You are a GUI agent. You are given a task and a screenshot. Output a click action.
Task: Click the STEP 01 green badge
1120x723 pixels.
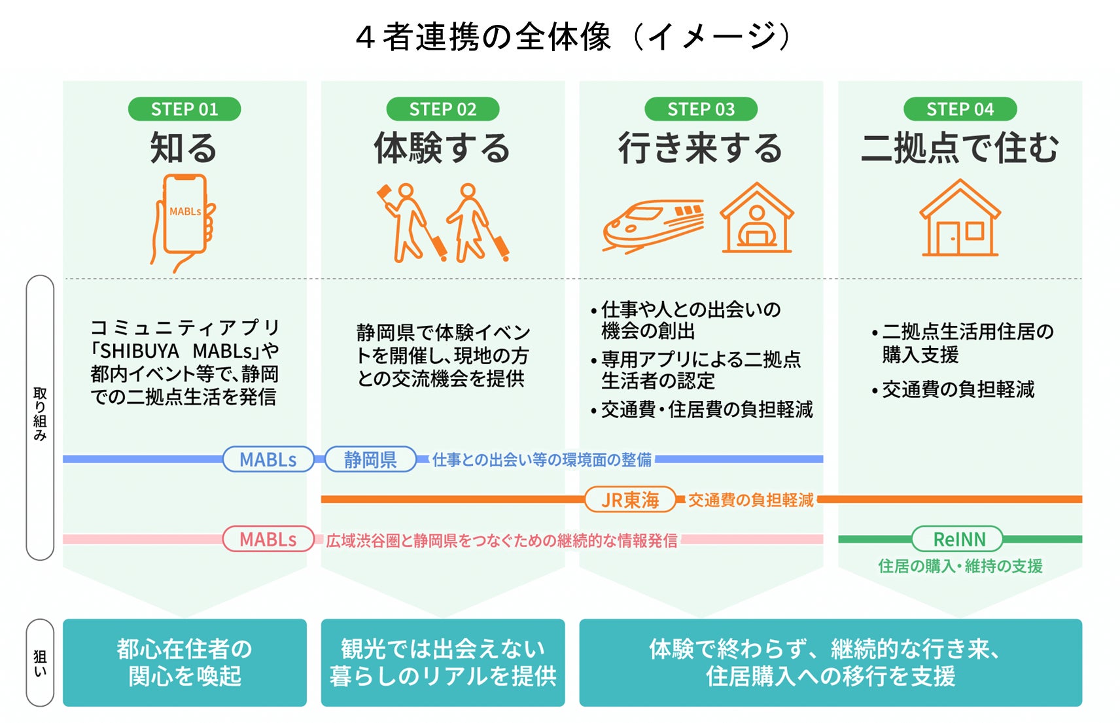184,109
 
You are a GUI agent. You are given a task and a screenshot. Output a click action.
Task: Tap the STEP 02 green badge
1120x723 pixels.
443,109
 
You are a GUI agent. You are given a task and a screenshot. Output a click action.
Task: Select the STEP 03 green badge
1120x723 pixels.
701,109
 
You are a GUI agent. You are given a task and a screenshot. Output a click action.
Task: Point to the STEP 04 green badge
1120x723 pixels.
960,109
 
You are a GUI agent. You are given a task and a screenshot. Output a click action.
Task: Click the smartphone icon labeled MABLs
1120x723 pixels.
184,219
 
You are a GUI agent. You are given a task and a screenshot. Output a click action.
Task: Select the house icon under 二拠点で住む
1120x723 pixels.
960,219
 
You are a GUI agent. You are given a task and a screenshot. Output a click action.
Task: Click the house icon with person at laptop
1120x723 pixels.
757,219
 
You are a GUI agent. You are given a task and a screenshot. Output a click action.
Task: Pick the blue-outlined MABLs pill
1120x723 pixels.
268,459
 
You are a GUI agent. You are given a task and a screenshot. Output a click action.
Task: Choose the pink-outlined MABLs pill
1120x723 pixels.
268,539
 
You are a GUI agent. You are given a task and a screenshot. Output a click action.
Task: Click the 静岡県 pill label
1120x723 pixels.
370,459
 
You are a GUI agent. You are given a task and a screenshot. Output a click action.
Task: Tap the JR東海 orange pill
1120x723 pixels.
630,499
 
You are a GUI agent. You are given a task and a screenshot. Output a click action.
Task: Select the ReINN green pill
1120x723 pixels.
959,539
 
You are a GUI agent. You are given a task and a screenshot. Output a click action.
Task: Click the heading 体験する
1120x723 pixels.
442,148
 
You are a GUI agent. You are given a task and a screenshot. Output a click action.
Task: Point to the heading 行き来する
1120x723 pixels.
701,148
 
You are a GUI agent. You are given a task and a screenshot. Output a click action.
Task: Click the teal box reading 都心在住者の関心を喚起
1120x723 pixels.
184,662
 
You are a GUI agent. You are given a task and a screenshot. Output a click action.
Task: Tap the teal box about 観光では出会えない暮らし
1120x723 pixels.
443,662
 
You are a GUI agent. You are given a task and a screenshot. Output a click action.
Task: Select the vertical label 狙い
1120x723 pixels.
40,662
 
